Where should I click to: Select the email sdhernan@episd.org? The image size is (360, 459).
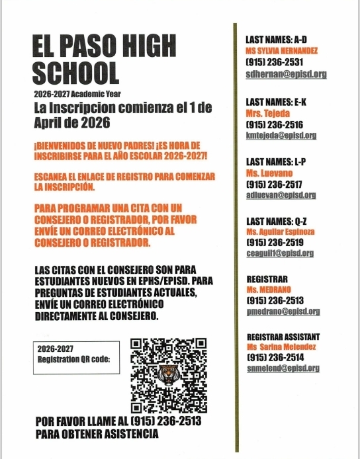pos(286,74)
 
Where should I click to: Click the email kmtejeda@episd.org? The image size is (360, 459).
pos(280,135)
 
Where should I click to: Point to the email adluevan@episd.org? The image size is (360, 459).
pos(280,195)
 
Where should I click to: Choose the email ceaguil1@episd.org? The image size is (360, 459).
pos(279,253)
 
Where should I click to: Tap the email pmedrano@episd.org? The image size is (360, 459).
pos(283,312)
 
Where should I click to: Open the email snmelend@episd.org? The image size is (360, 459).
pos(283,368)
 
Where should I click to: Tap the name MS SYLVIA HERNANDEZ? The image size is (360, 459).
pos(281,51)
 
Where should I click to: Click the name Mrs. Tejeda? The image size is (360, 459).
pos(263,113)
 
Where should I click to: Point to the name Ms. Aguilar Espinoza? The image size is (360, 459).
pos(281,232)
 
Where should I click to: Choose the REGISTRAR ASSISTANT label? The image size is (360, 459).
pos(283,337)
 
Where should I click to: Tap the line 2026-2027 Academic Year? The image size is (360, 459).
pos(77,94)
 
